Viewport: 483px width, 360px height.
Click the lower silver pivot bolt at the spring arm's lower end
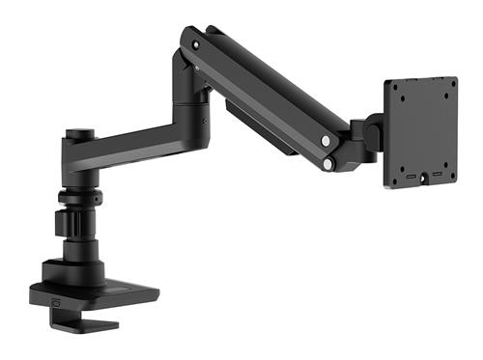click(328, 164)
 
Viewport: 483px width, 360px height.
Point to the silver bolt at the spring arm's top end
click(197, 44)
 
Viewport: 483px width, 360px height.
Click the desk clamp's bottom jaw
click(92, 323)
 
